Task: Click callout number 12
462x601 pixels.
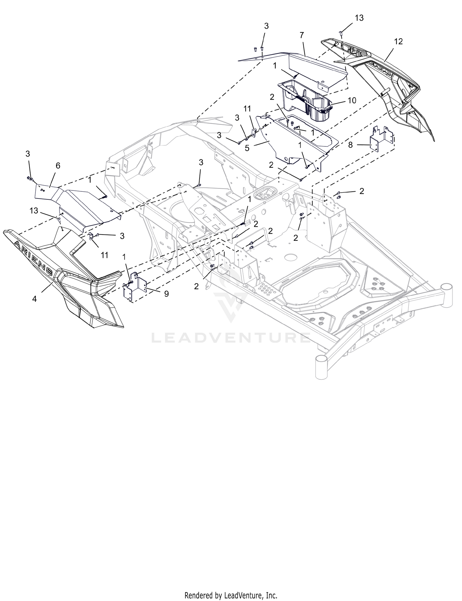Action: (x=398, y=42)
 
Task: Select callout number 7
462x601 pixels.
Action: (x=302, y=35)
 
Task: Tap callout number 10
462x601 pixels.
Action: (x=352, y=100)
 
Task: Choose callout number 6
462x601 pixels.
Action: (x=58, y=166)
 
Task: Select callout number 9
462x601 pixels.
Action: (x=166, y=294)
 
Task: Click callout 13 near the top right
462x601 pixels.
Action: (x=359, y=18)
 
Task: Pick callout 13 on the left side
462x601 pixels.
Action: (x=34, y=211)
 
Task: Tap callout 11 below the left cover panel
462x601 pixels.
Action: (x=105, y=255)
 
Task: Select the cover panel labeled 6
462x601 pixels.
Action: (x=77, y=203)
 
